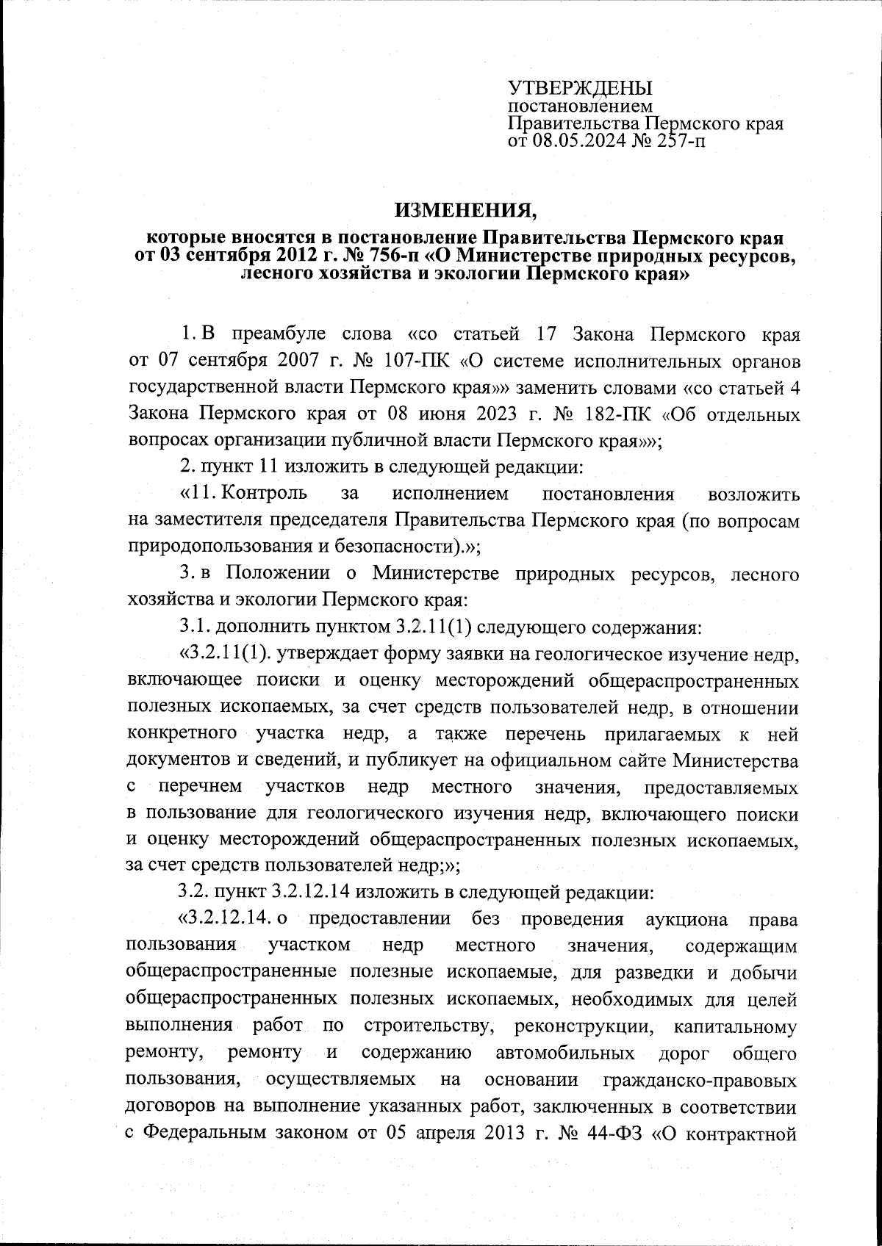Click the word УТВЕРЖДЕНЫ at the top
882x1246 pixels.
pos(581,89)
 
